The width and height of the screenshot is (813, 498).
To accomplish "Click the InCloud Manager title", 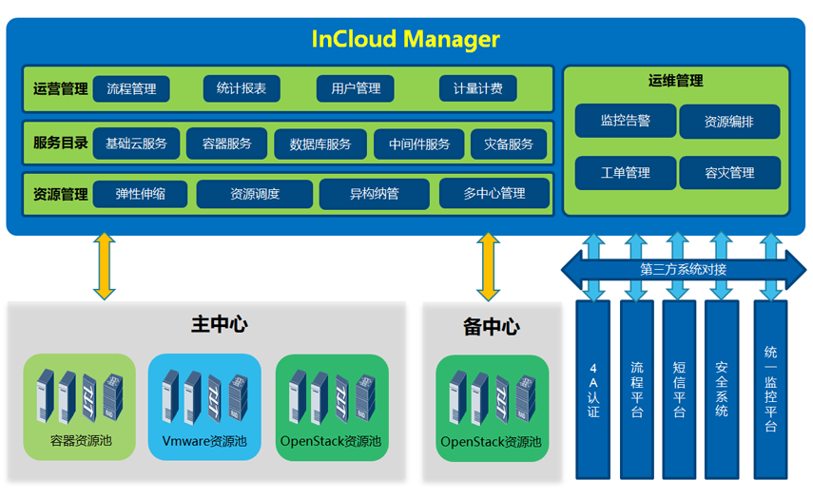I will [406, 39].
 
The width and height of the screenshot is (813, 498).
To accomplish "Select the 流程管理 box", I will [131, 88].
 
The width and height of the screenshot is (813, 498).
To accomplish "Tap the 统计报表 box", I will [242, 88].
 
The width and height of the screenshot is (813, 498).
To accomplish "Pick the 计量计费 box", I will [477, 88].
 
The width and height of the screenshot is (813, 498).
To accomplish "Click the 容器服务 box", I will [227, 144].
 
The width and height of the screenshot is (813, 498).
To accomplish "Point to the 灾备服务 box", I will [509, 144].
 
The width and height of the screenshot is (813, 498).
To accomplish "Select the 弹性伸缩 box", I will [140, 194].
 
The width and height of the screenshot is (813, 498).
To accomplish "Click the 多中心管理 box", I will [494, 194].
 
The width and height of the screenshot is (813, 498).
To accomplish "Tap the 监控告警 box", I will [625, 122].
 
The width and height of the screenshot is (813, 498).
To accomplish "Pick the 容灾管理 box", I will [729, 173].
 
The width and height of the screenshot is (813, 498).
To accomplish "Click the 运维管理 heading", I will [676, 82].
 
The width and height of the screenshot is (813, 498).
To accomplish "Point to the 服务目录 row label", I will [60, 144].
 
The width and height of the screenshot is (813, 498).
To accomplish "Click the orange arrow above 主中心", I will [105, 267].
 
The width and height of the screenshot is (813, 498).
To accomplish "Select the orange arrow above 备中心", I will [489, 267].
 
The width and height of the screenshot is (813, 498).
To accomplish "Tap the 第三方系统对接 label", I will [683, 270].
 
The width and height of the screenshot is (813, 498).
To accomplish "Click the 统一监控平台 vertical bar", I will [770, 390].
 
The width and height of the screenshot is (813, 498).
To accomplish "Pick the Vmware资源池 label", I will [204, 441].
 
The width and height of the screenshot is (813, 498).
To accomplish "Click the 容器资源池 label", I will [81, 441].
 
